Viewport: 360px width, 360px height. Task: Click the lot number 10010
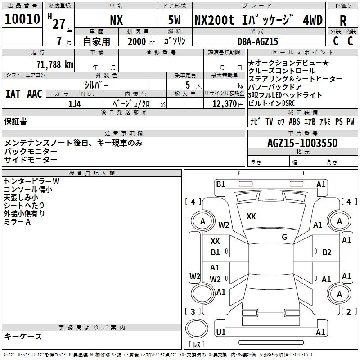(22, 19)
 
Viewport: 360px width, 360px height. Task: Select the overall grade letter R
(343, 21)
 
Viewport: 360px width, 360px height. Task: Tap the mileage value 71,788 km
(55, 65)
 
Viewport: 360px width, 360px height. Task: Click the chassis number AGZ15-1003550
(302, 143)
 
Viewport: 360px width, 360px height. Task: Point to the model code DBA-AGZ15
(258, 41)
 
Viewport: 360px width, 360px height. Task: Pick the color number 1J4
(74, 104)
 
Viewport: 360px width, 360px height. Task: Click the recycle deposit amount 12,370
(225, 104)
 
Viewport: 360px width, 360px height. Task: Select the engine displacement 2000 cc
(141, 41)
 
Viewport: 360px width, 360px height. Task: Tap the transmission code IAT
(13, 94)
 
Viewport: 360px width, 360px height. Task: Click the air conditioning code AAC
(35, 94)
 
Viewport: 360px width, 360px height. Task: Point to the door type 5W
(174, 20)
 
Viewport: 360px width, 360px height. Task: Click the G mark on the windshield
(284, 237)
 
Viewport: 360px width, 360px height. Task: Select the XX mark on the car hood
(251, 216)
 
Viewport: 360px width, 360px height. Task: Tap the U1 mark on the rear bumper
(221, 332)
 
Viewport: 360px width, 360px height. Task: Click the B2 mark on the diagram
(327, 252)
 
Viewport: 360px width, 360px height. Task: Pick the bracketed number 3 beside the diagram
(193, 311)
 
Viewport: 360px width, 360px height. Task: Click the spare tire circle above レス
(197, 328)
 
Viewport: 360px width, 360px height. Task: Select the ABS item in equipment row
(294, 121)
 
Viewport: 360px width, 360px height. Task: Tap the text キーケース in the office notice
(23, 336)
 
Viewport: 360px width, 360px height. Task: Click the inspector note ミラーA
(17, 222)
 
